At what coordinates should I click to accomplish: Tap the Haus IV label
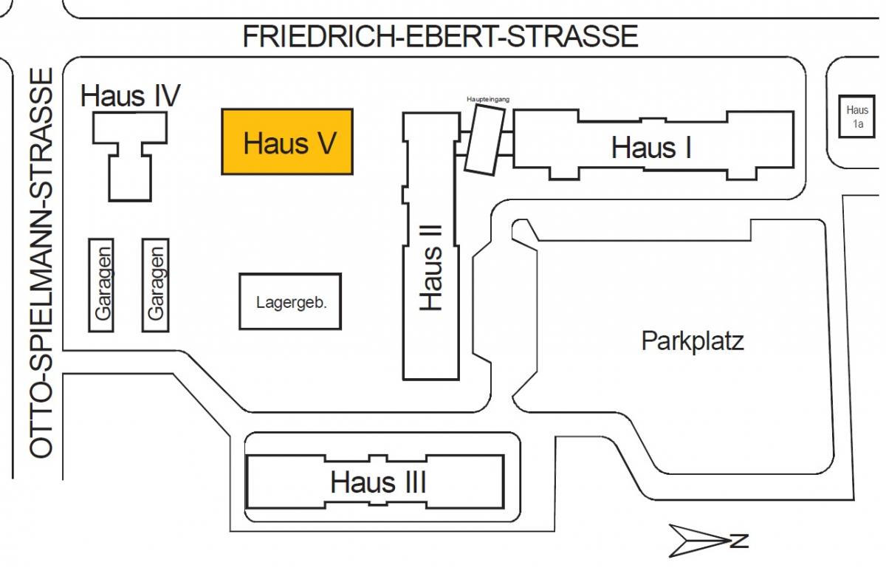coord(130,95)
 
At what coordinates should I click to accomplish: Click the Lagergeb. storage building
coord(290,301)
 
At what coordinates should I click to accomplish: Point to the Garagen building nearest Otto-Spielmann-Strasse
coord(102,284)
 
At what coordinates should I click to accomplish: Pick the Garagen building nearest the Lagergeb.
coord(155,284)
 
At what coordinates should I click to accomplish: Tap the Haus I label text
coord(651,148)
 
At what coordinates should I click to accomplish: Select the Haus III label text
coord(377,482)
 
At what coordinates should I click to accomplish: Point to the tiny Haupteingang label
coord(488,98)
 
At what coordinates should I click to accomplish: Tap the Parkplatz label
coord(692,341)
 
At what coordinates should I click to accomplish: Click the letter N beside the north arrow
coord(739,540)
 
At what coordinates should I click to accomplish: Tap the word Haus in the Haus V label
coord(269,143)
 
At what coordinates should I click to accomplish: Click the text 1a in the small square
coord(857,124)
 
